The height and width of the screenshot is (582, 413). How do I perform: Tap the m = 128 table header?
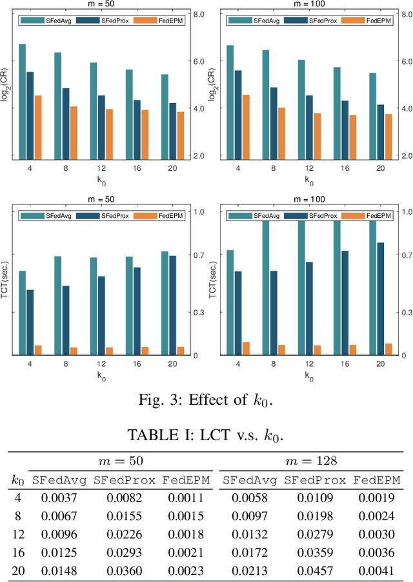click(x=311, y=461)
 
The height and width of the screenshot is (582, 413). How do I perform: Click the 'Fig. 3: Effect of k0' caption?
click(x=206, y=400)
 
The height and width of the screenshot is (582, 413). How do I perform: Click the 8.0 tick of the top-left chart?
click(x=199, y=14)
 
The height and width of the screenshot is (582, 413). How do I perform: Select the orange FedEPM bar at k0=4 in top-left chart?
click(x=38, y=127)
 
